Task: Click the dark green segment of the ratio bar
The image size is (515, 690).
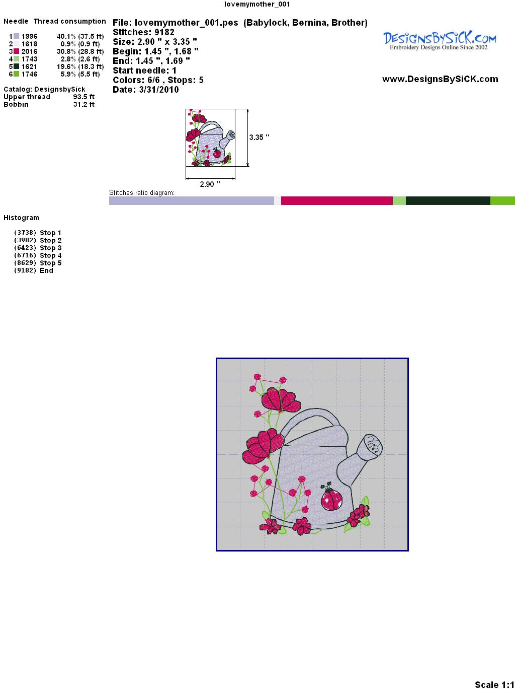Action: pyautogui.click(x=448, y=200)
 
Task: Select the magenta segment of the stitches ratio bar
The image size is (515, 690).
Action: pyautogui.click(x=337, y=200)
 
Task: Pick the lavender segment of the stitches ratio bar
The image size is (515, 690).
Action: pyautogui.click(x=192, y=200)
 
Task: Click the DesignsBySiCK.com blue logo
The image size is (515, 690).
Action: pyautogui.click(x=440, y=40)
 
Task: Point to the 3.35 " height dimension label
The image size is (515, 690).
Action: pyautogui.click(x=259, y=137)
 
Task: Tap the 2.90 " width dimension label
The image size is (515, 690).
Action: pyautogui.click(x=210, y=184)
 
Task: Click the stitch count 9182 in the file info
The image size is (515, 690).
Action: pyautogui.click(x=164, y=32)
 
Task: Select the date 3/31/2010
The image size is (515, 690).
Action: pyautogui.click(x=159, y=90)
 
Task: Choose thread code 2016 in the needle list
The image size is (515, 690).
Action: pyautogui.click(x=29, y=51)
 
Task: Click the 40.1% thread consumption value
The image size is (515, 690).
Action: pyautogui.click(x=66, y=36)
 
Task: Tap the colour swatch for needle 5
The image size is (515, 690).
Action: pyautogui.click(x=16, y=66)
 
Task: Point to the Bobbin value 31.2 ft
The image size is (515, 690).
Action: pyautogui.click(x=84, y=104)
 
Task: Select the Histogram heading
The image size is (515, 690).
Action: pyautogui.click(x=21, y=218)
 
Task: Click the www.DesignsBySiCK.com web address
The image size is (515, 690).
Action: pyautogui.click(x=440, y=79)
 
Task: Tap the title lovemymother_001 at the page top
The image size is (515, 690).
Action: pyautogui.click(x=257, y=4)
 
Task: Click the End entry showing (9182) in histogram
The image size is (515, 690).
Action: pyautogui.click(x=34, y=270)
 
